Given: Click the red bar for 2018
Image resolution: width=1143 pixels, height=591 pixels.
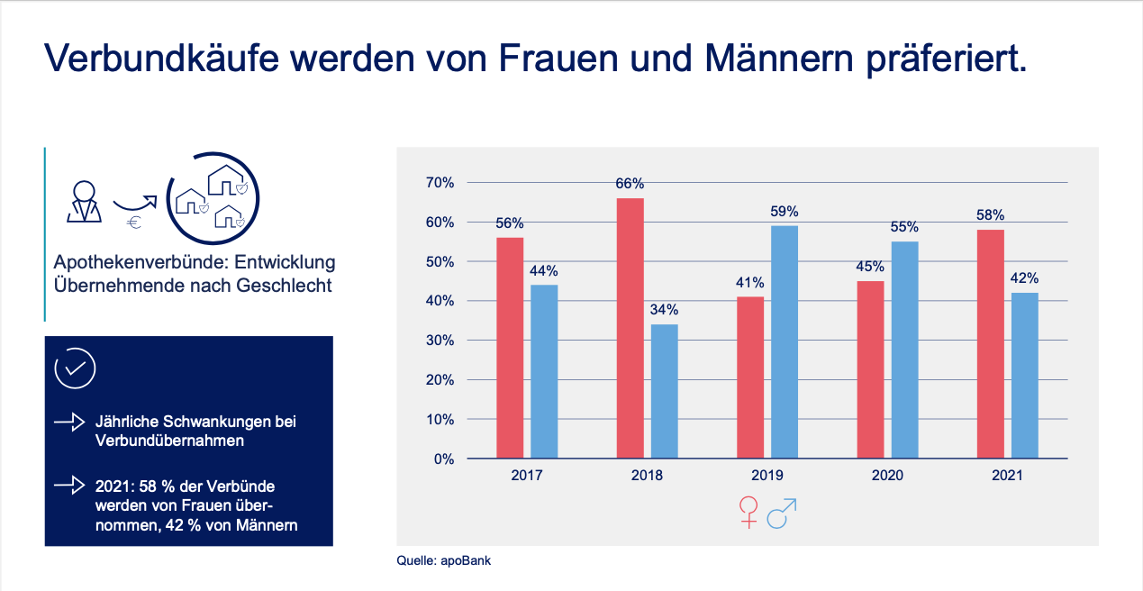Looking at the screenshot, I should point(630,328).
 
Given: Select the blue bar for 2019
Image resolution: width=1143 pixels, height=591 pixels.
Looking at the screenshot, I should point(785,341).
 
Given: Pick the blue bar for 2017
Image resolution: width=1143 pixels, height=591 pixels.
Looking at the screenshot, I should point(544,371).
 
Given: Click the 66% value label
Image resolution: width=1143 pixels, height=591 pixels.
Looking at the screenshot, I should point(630,184).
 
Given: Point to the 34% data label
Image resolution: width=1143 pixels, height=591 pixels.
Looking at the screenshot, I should point(664,310).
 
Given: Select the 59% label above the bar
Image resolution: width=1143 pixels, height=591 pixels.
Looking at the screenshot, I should point(785,212).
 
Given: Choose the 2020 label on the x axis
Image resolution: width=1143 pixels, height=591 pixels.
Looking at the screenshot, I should point(887,475).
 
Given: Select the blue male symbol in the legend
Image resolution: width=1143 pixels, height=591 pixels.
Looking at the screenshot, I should point(782,514).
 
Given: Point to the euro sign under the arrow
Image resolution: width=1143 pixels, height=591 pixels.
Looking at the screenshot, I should point(134,223).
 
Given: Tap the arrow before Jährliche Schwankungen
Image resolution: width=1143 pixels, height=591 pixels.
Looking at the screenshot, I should point(70,422).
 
